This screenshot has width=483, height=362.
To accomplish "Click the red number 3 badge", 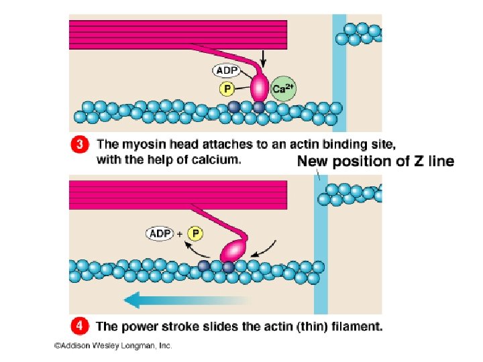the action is (x=79, y=143).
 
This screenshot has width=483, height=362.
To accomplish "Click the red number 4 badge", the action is (x=79, y=326).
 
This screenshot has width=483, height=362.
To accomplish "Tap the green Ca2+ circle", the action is (x=283, y=88).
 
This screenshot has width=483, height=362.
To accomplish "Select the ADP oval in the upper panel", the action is (x=227, y=69).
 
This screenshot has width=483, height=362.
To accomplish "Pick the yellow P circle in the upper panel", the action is (x=227, y=88).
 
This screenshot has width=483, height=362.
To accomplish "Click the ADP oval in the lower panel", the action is (x=159, y=233).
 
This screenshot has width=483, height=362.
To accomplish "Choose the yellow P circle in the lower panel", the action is (x=195, y=233).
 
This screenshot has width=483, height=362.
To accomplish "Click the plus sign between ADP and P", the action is (x=180, y=234).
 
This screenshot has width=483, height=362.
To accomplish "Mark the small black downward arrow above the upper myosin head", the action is (x=262, y=61).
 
